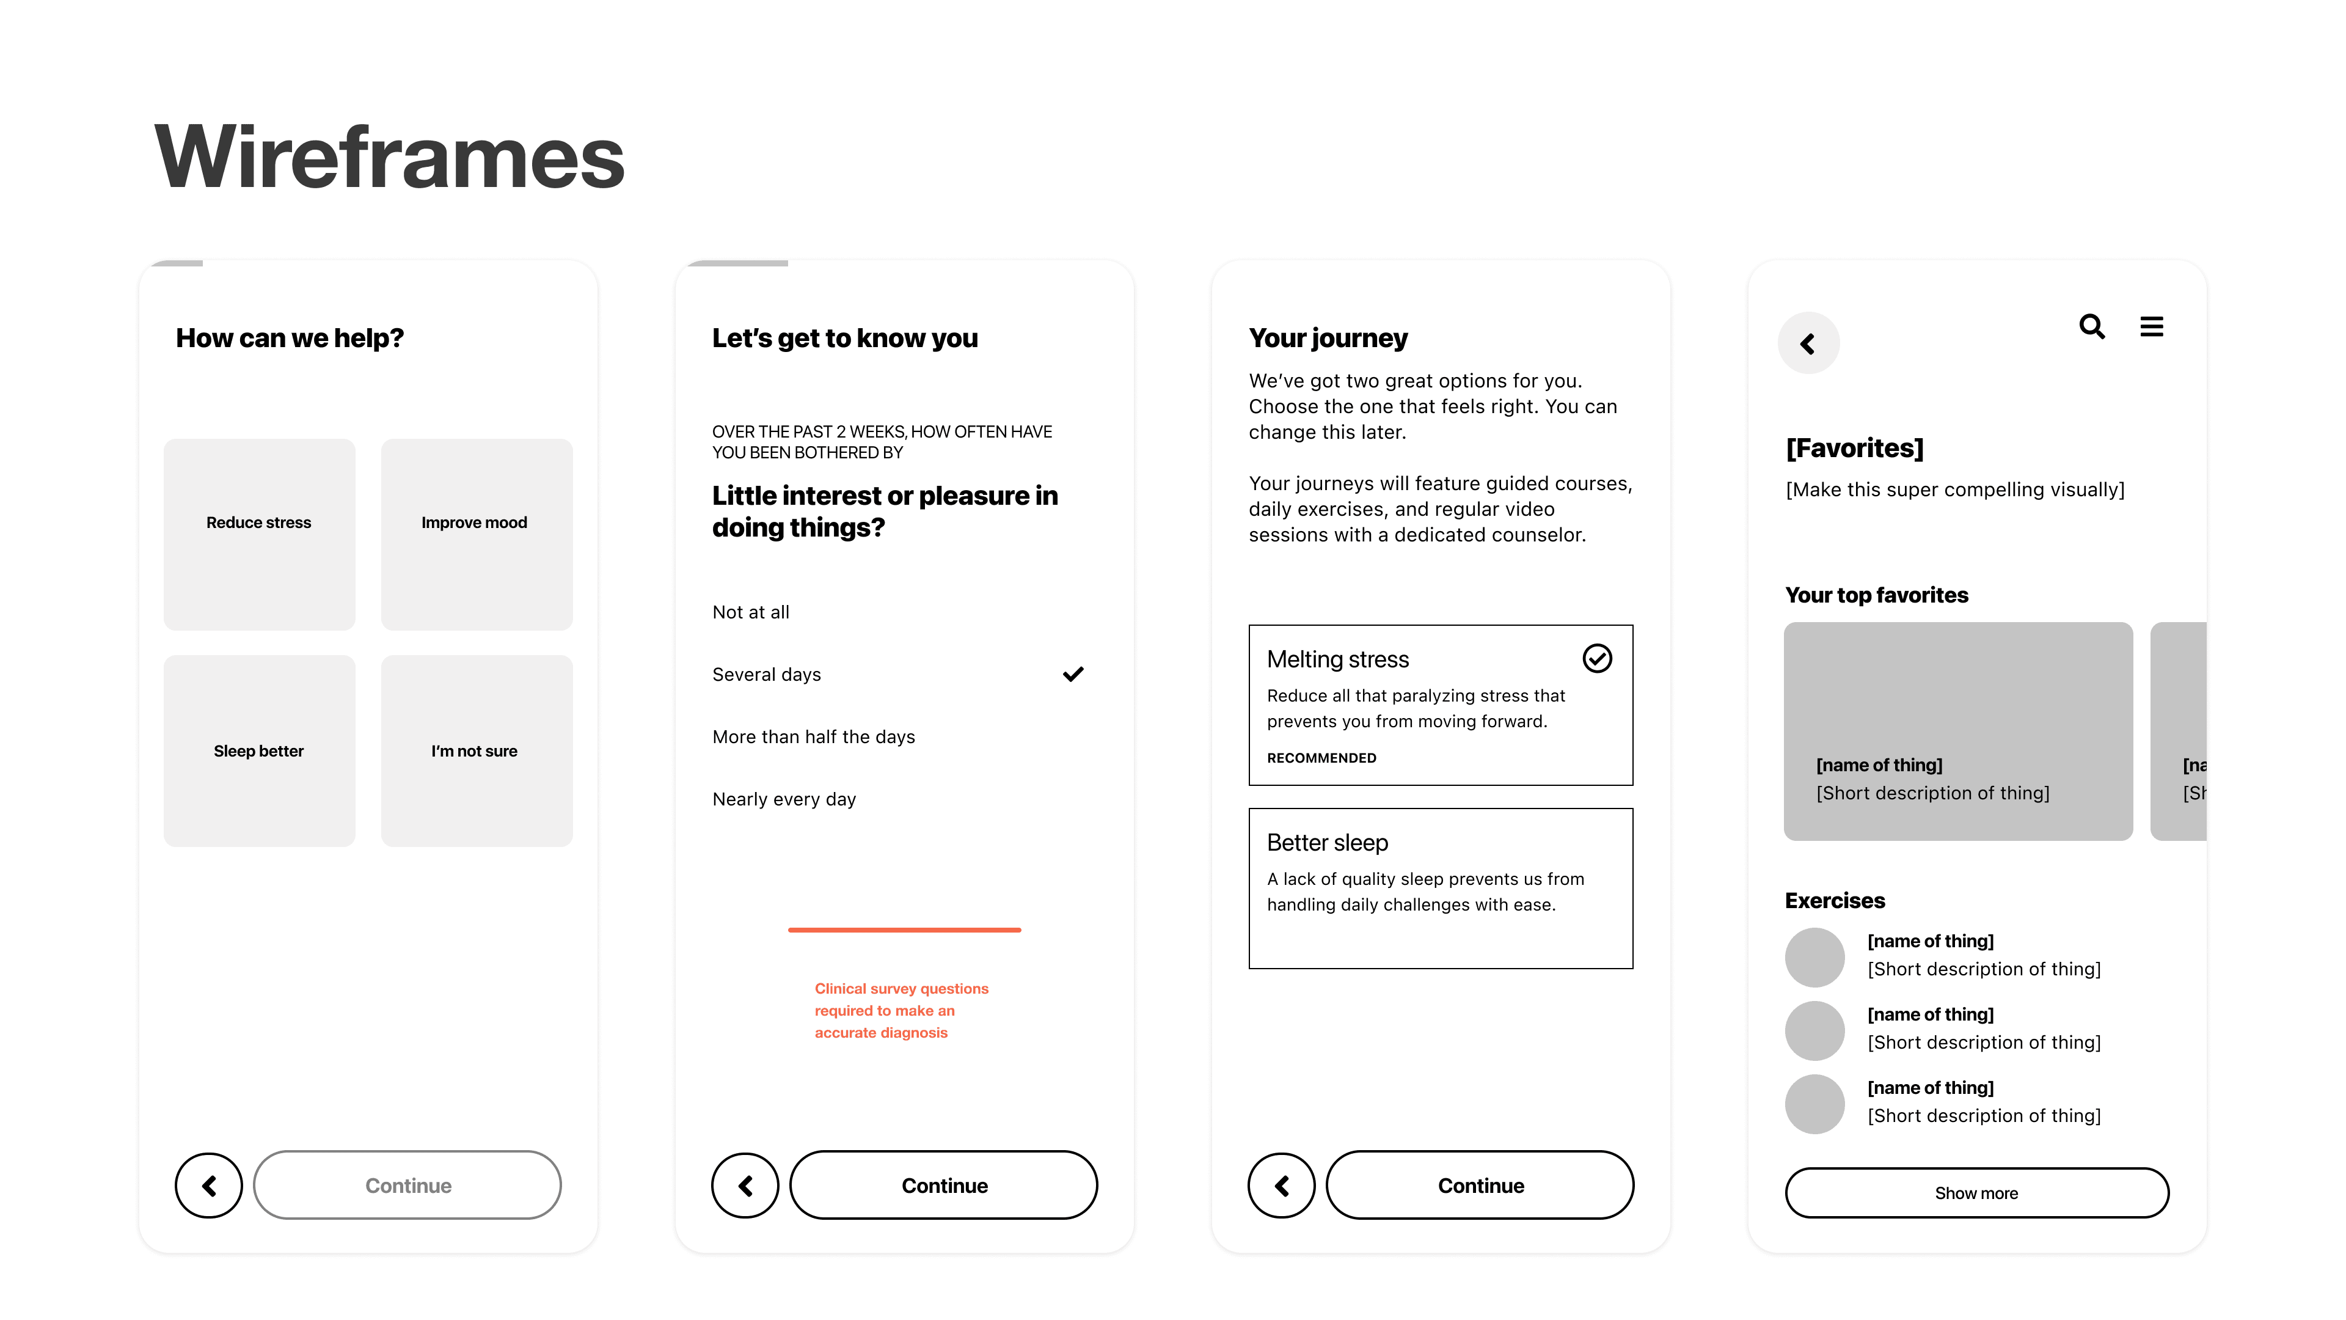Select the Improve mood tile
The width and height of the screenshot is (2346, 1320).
(x=477, y=535)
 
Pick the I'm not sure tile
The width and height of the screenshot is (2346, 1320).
(x=477, y=750)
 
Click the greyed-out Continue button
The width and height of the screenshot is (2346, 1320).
(x=407, y=1185)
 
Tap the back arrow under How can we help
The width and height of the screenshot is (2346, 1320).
(x=208, y=1185)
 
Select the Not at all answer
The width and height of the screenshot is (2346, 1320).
(x=750, y=612)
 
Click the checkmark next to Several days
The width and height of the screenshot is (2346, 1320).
(x=1073, y=674)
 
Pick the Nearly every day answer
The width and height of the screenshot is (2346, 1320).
(x=784, y=799)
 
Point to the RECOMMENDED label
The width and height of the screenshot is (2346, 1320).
(x=1321, y=758)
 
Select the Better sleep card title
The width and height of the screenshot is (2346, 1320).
(x=1327, y=843)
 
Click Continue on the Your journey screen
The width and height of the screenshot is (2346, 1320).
(x=1480, y=1185)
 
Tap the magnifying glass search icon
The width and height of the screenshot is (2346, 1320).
(x=2092, y=326)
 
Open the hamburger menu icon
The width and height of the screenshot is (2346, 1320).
(x=2152, y=326)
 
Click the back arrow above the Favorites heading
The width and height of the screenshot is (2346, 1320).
(x=1808, y=343)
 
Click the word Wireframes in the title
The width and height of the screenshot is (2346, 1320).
(x=390, y=156)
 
